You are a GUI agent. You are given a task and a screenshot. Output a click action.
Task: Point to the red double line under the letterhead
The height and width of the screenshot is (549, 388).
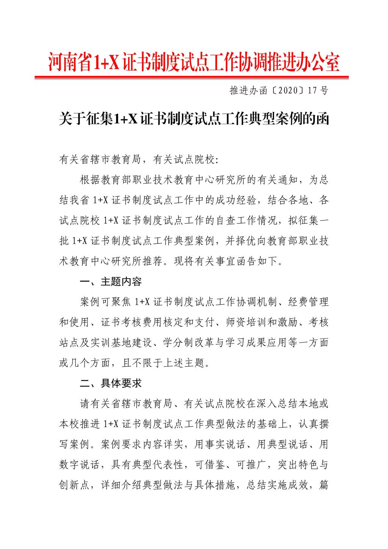191,77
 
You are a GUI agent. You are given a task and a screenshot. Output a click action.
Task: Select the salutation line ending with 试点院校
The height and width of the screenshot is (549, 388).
139,160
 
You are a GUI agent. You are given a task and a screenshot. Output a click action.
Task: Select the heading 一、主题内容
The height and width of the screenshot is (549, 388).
111,282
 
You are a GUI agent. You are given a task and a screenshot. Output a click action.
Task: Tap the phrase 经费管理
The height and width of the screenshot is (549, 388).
308,302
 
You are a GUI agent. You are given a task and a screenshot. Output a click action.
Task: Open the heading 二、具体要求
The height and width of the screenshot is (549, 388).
111,384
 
